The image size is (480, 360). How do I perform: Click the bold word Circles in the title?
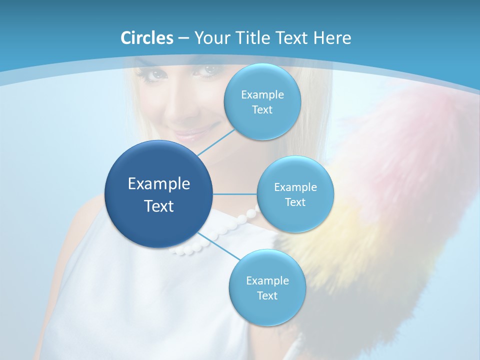coord(146,38)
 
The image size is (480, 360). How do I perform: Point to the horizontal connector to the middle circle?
coord(234,194)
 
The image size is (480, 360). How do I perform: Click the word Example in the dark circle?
coord(159,184)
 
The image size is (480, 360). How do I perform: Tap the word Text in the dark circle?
coord(159,206)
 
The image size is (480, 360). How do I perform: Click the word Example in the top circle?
coord(262,95)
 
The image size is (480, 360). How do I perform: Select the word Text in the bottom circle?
coord(267,295)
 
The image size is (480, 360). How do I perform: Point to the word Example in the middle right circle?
coord(295,187)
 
